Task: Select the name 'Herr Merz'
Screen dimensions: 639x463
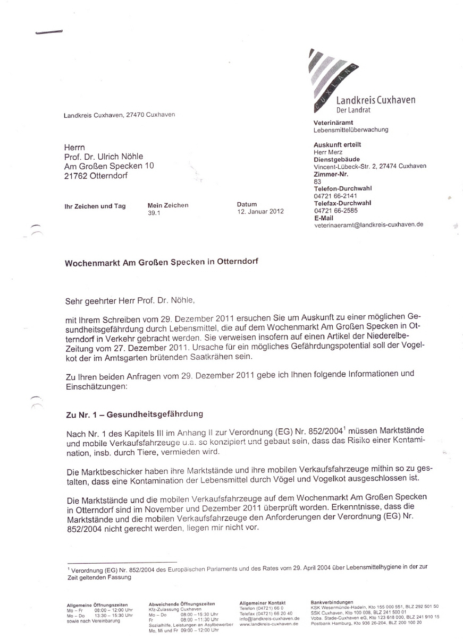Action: (x=329, y=152)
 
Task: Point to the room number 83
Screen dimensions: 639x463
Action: (x=317, y=181)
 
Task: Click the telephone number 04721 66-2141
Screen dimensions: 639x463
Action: (x=336, y=195)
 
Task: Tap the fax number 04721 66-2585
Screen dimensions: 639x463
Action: (x=336, y=210)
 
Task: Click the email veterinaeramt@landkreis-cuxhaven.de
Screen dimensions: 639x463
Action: (x=368, y=224)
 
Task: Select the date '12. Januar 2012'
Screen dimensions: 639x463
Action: (x=260, y=212)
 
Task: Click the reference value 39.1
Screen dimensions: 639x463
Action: (x=154, y=212)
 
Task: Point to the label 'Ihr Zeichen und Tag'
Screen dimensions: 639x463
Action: (x=95, y=206)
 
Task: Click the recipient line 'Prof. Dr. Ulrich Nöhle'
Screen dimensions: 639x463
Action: (x=103, y=156)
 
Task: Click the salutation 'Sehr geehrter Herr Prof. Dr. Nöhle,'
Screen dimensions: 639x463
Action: (x=130, y=301)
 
